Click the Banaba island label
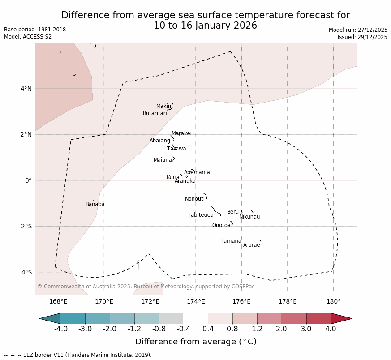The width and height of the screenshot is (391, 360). tap(95, 204)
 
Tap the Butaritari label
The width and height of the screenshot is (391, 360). tap(155, 113)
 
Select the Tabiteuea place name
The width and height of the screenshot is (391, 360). tap(200, 215)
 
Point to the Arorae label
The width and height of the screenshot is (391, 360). tap(251, 245)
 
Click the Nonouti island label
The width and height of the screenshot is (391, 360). tap(194, 199)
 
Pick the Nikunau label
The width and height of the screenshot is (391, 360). tap(249, 217)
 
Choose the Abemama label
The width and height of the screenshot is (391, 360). tap(197, 172)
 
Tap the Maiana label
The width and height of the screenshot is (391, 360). tap(163, 160)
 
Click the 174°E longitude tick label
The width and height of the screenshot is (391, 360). tap(196, 301)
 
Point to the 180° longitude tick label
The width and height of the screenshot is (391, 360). tap(333, 301)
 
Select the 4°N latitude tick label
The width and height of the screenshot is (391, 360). tap(26, 89)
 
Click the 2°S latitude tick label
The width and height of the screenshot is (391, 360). tap(26, 226)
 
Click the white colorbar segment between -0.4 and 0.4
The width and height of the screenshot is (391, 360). tap(196, 318)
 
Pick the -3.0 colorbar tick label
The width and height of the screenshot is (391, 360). tap(85, 329)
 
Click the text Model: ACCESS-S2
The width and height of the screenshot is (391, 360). tap(28, 37)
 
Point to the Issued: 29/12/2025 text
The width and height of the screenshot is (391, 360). tap(362, 37)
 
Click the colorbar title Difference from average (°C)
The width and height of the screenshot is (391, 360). tap(196, 342)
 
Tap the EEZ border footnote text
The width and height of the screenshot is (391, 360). tap(78, 355)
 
